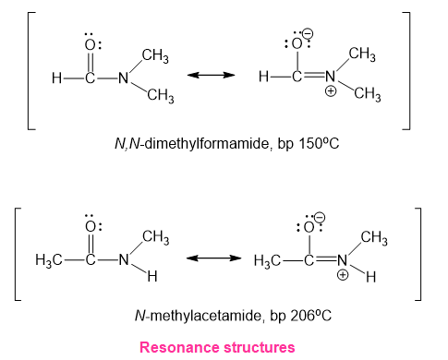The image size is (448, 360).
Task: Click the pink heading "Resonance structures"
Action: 217,347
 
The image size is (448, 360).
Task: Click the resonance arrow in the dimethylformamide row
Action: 211,75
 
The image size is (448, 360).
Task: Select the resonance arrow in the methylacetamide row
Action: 213,258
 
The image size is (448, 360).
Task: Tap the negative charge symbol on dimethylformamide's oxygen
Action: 308,33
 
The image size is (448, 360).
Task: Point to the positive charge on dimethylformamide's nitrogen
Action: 331,91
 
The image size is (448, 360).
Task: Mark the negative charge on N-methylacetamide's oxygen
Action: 320,217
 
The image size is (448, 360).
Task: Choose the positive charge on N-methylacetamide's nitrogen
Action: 343,274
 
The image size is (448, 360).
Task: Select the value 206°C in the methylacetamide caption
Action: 311,316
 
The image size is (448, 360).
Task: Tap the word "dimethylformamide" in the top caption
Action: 206,143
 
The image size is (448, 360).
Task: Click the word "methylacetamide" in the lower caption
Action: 206,316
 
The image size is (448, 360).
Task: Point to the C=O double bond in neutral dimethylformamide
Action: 90,62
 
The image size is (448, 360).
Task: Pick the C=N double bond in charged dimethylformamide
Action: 314,75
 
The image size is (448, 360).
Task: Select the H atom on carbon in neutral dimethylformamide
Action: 56,78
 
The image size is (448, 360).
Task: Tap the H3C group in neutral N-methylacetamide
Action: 48,260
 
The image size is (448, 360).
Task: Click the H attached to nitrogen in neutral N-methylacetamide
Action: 152,276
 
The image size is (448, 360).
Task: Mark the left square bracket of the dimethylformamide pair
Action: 31,71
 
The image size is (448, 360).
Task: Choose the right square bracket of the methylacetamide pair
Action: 418,254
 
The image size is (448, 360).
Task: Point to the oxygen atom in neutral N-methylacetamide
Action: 91,227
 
